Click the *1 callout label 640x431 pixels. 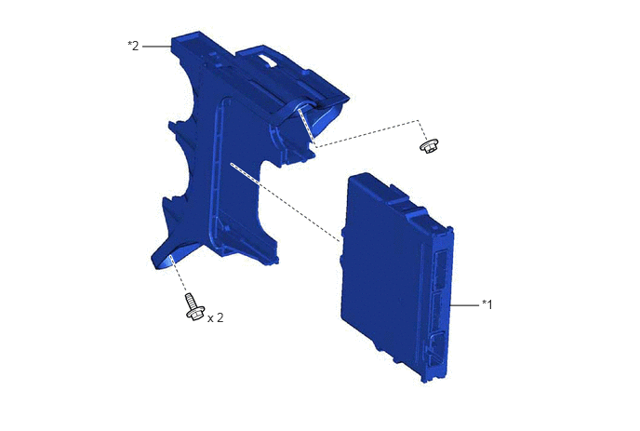coord(487,304)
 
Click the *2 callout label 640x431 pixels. coord(133,46)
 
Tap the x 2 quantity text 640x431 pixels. coord(215,317)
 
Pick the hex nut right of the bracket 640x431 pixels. coord(430,146)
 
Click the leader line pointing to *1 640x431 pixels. coord(464,304)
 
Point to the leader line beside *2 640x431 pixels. coord(156,47)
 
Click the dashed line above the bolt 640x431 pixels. coord(180,273)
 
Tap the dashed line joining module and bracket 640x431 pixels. coord(286,203)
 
